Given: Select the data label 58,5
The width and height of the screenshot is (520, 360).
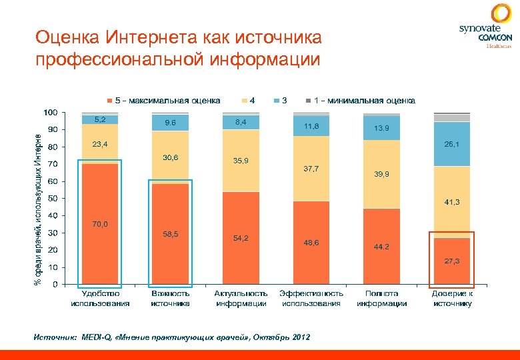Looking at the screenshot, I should [170, 234].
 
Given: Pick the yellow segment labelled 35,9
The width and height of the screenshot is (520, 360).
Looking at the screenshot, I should [241, 161].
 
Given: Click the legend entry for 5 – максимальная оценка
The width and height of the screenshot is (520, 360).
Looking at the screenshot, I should [163, 101].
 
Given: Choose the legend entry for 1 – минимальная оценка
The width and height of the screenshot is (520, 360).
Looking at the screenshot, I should [360, 101].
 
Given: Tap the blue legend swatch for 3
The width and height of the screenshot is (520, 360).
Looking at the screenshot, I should [277, 101].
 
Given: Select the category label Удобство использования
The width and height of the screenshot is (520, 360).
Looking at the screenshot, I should [100, 298].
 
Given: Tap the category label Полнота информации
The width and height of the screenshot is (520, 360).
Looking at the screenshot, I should [381, 298].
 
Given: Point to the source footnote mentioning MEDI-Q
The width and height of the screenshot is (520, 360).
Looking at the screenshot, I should [171, 337].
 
